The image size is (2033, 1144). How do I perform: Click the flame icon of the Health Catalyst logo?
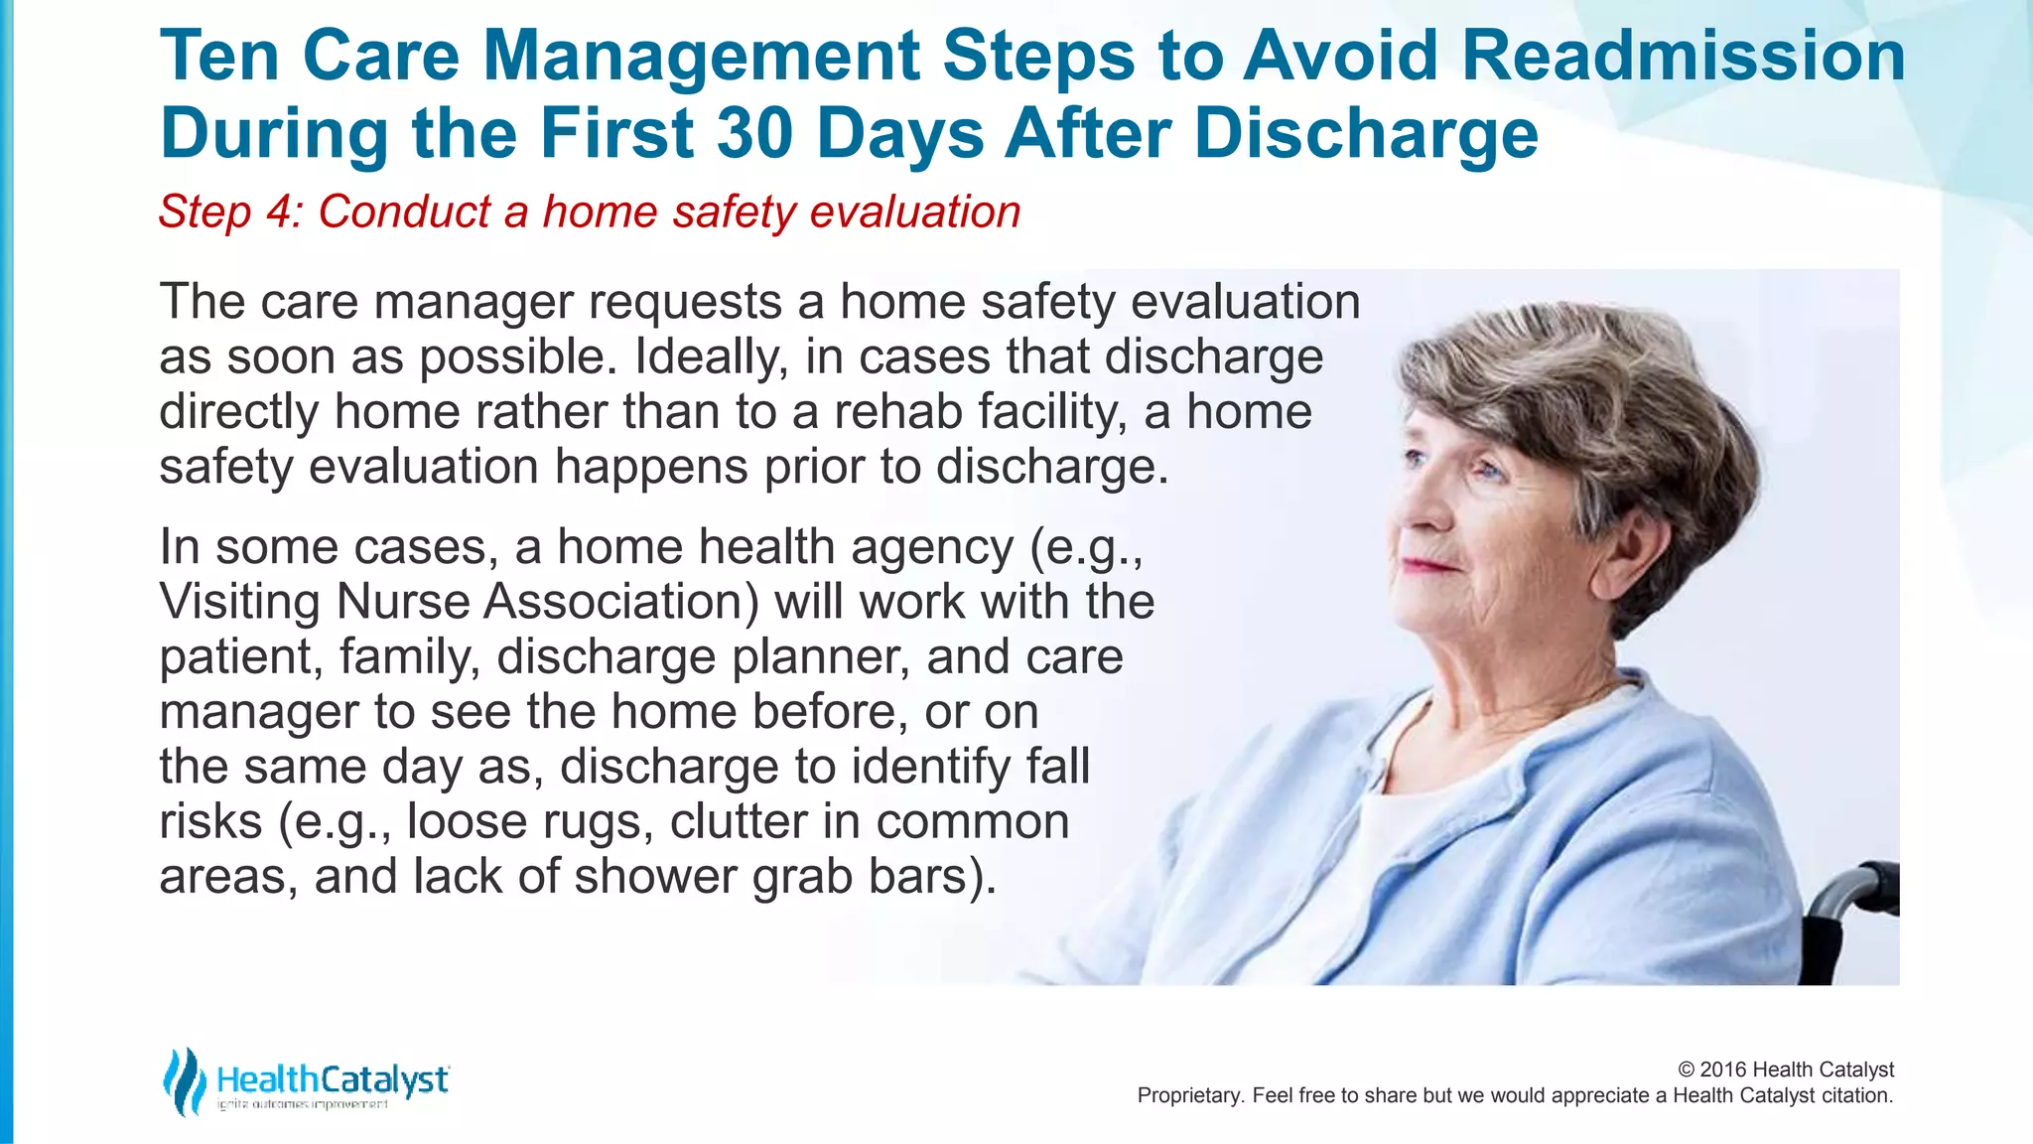click(x=183, y=1080)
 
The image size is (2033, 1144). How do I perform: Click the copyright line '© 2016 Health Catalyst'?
click(x=1785, y=1070)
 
